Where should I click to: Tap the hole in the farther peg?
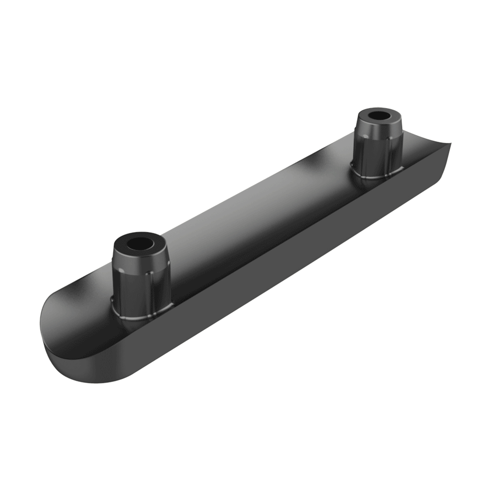point(380,116)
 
